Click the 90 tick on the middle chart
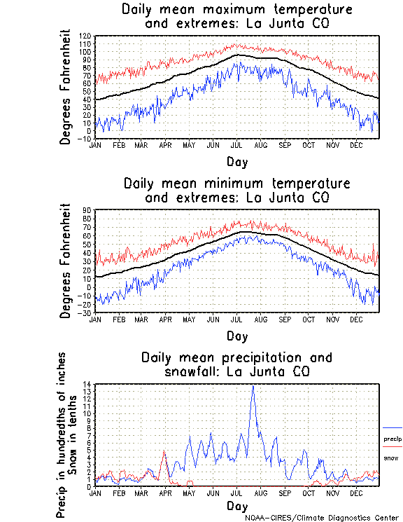pyautogui.click(x=87, y=210)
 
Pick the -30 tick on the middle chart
pyautogui.click(x=86, y=312)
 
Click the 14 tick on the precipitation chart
pyautogui.click(x=87, y=384)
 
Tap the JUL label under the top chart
pyautogui.click(x=237, y=145)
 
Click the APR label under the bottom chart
pyautogui.click(x=165, y=493)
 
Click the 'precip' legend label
pyautogui.click(x=393, y=439)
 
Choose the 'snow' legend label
pyautogui.click(x=390, y=458)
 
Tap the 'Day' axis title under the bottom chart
pyautogui.click(x=236, y=505)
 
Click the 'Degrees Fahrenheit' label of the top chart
pyautogui.click(x=66, y=87)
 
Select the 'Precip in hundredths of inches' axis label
pyautogui.click(x=62, y=435)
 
